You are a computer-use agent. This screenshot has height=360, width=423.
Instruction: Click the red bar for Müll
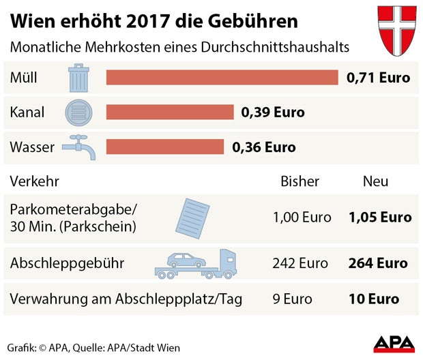[x=222, y=77]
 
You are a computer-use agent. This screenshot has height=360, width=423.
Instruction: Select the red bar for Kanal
[x=170, y=112]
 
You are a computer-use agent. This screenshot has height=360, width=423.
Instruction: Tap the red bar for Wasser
[x=165, y=147]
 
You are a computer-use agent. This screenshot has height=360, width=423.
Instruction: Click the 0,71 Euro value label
[x=378, y=78]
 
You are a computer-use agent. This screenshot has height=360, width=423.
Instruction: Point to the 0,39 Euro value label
[x=273, y=112]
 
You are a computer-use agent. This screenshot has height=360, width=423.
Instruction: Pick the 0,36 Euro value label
[x=264, y=147]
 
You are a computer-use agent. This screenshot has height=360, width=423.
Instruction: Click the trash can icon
[x=78, y=77]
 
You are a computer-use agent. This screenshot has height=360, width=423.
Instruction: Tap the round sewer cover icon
[x=78, y=112]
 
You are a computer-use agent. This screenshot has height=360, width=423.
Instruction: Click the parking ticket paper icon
[x=193, y=217]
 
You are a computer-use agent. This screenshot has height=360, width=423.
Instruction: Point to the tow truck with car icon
[x=195, y=263]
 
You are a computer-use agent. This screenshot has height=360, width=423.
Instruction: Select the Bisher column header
[x=300, y=181]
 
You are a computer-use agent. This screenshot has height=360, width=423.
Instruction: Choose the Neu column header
[x=375, y=181]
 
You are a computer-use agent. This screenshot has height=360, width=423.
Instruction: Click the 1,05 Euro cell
[x=379, y=217]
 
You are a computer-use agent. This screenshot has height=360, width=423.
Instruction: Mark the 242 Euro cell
[x=300, y=263]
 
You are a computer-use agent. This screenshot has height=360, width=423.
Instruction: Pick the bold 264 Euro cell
[x=377, y=263]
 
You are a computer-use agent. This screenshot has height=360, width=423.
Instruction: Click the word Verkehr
[x=34, y=181]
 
